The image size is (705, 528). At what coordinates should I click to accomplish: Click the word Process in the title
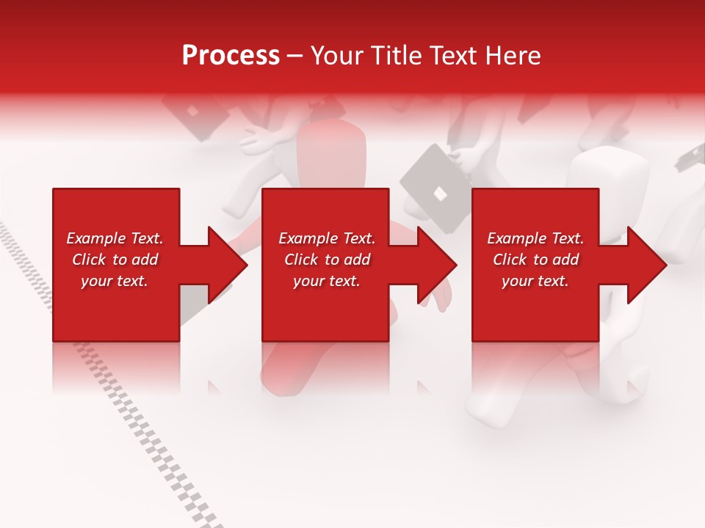(x=231, y=56)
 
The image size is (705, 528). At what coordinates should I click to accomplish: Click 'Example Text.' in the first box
(x=115, y=238)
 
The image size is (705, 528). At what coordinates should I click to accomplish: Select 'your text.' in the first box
(x=115, y=281)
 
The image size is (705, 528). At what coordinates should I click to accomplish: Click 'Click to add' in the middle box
(x=327, y=260)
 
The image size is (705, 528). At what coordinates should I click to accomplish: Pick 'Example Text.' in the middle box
(x=327, y=238)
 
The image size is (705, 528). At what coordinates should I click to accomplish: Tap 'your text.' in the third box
(x=535, y=281)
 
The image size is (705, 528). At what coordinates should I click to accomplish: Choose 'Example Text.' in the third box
(x=535, y=238)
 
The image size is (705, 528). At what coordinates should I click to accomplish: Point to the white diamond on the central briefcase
(x=438, y=193)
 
